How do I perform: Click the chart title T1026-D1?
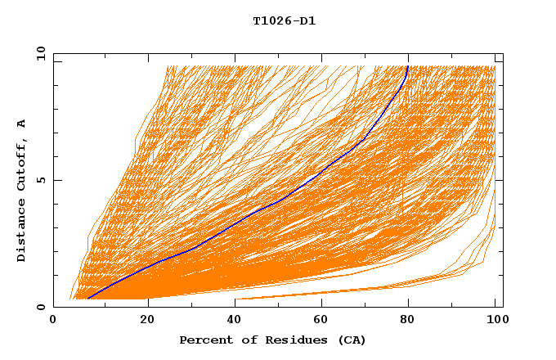[284, 20]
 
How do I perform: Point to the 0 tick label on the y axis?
[41, 307]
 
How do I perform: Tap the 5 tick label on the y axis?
[41, 180]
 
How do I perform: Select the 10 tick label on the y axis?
[38, 53]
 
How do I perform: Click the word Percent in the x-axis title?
[204, 340]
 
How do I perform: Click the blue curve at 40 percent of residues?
[230, 224]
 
